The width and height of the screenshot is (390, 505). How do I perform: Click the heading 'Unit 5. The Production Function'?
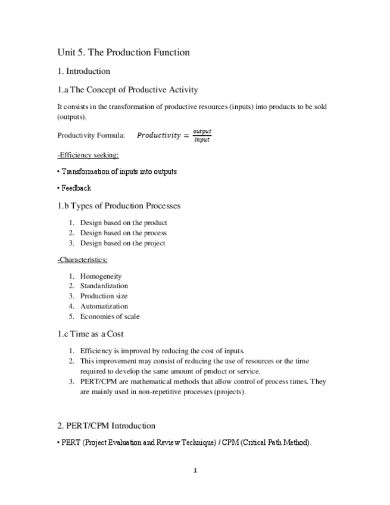click(x=123, y=52)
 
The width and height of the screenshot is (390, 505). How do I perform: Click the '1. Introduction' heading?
click(x=83, y=71)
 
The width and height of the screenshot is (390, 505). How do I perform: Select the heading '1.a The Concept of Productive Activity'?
click(x=127, y=90)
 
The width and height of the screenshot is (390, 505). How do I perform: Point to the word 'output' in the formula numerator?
click(x=202, y=131)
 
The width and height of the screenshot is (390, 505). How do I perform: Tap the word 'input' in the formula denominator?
click(x=202, y=140)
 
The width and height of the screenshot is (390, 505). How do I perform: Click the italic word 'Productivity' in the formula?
click(x=158, y=135)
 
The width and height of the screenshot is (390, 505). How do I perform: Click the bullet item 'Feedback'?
click(x=76, y=188)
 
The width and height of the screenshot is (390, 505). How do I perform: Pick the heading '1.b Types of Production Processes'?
click(x=119, y=206)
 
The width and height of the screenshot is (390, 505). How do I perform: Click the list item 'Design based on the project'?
click(x=123, y=243)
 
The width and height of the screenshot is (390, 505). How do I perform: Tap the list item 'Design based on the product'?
click(x=124, y=223)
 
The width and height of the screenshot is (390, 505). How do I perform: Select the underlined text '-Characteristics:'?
click(x=82, y=260)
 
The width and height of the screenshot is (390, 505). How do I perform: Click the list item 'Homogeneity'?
click(x=101, y=276)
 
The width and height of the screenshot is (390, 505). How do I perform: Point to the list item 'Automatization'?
click(x=104, y=306)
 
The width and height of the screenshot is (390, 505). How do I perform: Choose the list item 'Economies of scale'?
click(x=110, y=316)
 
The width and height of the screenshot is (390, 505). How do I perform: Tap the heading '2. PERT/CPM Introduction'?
click(x=106, y=426)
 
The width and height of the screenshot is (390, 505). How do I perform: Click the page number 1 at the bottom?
click(x=195, y=470)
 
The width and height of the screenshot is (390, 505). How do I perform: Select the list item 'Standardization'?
click(x=104, y=286)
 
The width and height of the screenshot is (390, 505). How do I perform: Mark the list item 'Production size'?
click(x=104, y=296)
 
